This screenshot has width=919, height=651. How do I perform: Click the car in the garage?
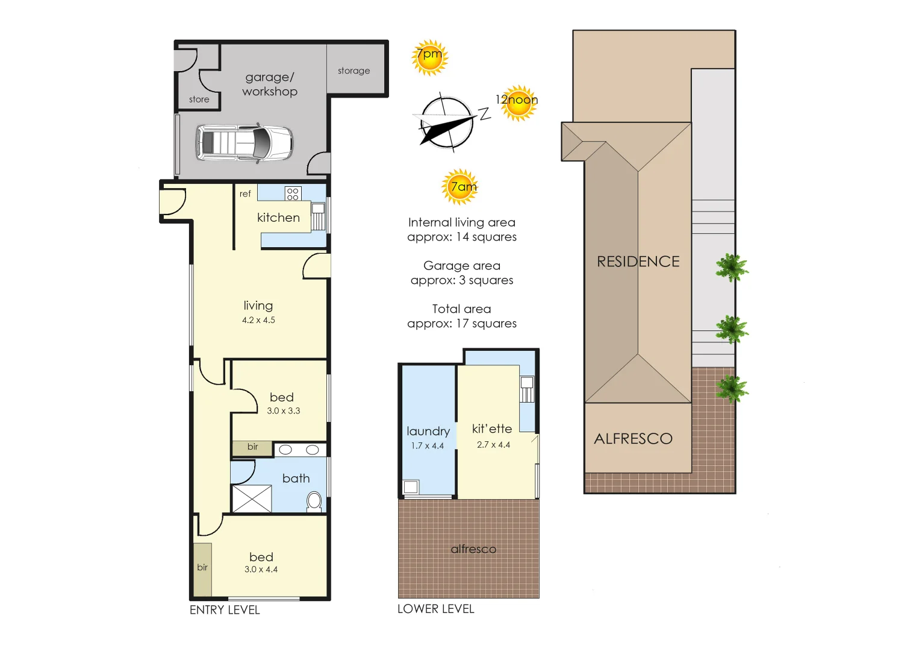click(x=244, y=143)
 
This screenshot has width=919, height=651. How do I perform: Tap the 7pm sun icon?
click(x=429, y=57)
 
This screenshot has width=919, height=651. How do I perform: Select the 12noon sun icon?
click(x=517, y=102)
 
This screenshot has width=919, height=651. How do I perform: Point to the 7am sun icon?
click(x=461, y=187)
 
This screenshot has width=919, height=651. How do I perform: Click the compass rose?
click(x=446, y=123)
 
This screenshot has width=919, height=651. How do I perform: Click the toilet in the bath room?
click(x=314, y=501)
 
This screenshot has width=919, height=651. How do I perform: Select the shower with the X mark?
click(x=252, y=498)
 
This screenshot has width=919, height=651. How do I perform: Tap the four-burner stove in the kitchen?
click(x=293, y=193)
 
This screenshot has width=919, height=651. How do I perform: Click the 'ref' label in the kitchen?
click(x=245, y=193)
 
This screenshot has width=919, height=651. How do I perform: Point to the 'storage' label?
click(x=354, y=71)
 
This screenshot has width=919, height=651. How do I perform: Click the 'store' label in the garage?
click(x=199, y=99)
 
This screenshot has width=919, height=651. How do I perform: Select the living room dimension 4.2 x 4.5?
click(x=258, y=320)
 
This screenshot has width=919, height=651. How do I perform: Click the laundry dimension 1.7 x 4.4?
click(x=428, y=446)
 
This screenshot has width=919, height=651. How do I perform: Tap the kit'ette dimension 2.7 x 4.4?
click(x=493, y=445)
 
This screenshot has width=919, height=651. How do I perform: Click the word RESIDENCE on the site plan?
click(x=638, y=262)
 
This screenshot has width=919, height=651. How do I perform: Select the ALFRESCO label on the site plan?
click(x=633, y=439)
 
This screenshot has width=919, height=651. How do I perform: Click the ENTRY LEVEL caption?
click(x=225, y=610)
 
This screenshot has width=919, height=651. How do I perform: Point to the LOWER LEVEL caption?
click(x=435, y=609)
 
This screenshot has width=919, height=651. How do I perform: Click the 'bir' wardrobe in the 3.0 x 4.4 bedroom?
click(x=202, y=568)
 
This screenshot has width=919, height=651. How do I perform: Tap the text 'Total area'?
click(x=461, y=309)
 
